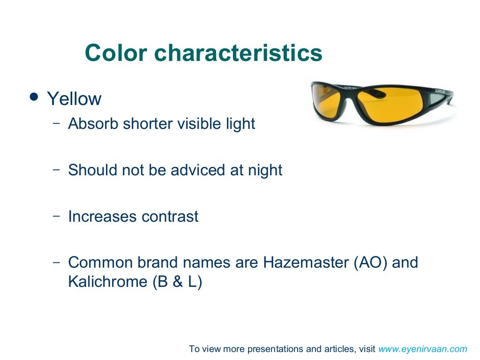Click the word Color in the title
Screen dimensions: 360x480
[116, 53]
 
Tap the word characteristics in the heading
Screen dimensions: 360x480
[239, 53]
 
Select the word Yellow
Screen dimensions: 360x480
[74, 99]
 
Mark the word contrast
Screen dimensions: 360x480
[170, 217]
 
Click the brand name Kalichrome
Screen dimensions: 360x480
[108, 282]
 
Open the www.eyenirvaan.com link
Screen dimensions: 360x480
[423, 349]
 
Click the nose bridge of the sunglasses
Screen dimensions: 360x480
[360, 96]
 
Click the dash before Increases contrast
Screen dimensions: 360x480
[57, 216]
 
